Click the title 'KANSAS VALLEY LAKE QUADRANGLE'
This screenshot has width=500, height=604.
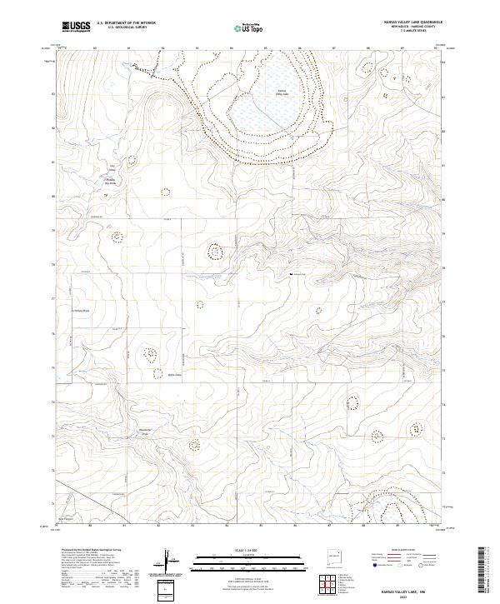pos(413,22)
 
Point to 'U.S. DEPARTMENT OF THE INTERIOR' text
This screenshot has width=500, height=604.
pos(126,23)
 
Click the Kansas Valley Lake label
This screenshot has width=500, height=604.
pos(282,92)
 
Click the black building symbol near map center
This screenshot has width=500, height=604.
pos(290,273)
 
